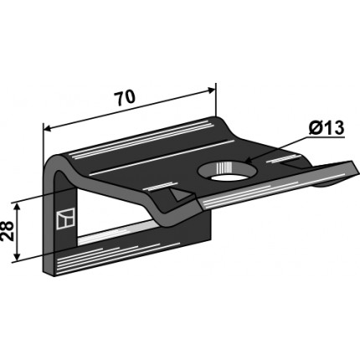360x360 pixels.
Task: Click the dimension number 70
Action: [125, 98]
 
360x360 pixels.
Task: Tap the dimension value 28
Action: [8, 230]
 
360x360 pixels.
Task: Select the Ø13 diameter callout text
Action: [327, 128]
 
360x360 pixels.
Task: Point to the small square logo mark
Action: [66, 219]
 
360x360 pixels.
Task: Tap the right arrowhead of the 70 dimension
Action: [211, 90]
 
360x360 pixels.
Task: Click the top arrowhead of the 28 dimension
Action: [18, 207]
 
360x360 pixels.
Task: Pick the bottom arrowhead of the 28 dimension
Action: [18, 256]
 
